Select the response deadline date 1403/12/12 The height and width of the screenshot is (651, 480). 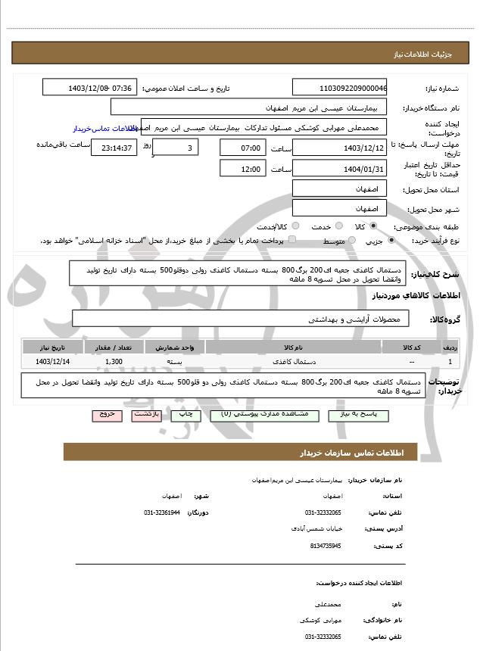(339, 148)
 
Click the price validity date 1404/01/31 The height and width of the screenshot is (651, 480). (339, 168)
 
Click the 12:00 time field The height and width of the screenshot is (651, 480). (242, 168)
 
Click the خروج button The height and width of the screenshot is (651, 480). (106, 415)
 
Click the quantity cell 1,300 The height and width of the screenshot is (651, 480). (114, 362)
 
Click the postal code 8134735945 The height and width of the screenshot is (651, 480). (326, 545)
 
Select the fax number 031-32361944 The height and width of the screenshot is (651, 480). (162, 512)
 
